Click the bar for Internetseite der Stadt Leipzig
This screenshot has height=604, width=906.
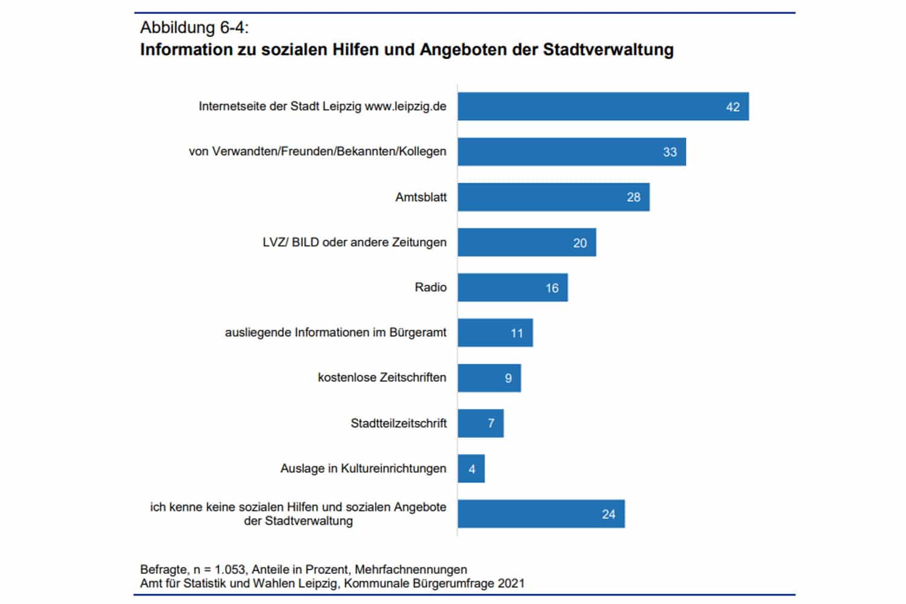tap(603, 106)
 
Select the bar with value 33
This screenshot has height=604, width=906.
tap(571, 152)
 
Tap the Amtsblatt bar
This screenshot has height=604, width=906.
tap(553, 197)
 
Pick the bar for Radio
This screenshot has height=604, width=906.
tap(512, 288)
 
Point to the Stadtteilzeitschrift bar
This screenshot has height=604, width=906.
tap(480, 423)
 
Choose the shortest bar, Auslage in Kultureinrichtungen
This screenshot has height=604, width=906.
tap(471, 469)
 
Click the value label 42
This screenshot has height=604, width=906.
tap(733, 107)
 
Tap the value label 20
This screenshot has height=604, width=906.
tap(580, 243)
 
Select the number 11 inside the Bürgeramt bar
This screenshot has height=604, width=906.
tap(517, 333)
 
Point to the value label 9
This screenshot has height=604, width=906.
tap(509, 378)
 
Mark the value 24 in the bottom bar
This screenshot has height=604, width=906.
tap(608, 514)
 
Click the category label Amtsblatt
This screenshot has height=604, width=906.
tap(421, 197)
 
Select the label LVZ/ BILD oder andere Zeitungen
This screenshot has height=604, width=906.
tap(355, 242)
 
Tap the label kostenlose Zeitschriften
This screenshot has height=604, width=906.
tap(382, 377)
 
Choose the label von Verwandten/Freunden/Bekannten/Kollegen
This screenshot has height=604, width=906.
tap(317, 152)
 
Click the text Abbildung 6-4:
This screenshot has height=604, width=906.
tap(194, 27)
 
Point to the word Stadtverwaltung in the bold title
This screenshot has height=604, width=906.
tap(608, 50)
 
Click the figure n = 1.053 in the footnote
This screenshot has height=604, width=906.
tap(219, 570)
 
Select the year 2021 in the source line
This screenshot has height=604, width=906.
tap(511, 583)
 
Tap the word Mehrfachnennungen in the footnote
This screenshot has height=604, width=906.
tap(411, 570)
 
